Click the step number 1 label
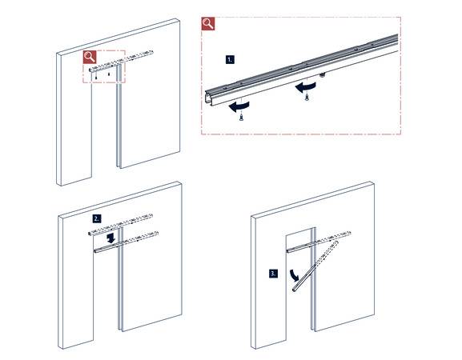(230, 60)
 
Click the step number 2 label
(96, 218)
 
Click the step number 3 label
(273, 274)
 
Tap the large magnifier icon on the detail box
(208, 23)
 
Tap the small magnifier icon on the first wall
(90, 57)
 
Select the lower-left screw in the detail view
(241, 118)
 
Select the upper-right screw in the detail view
(307, 97)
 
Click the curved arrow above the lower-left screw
(239, 106)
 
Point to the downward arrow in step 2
(111, 238)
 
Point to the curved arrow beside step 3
(295, 275)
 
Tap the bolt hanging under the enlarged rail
(323, 75)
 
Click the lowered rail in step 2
(126, 242)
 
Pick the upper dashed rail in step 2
(121, 224)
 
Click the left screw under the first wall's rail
(96, 77)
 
